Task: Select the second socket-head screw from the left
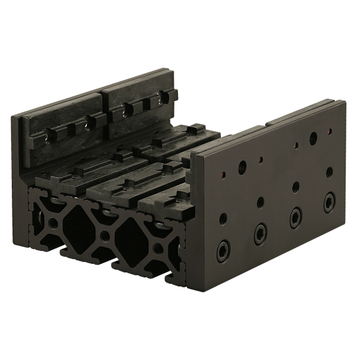coord(259,231)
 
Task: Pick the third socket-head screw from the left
coord(294,214)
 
